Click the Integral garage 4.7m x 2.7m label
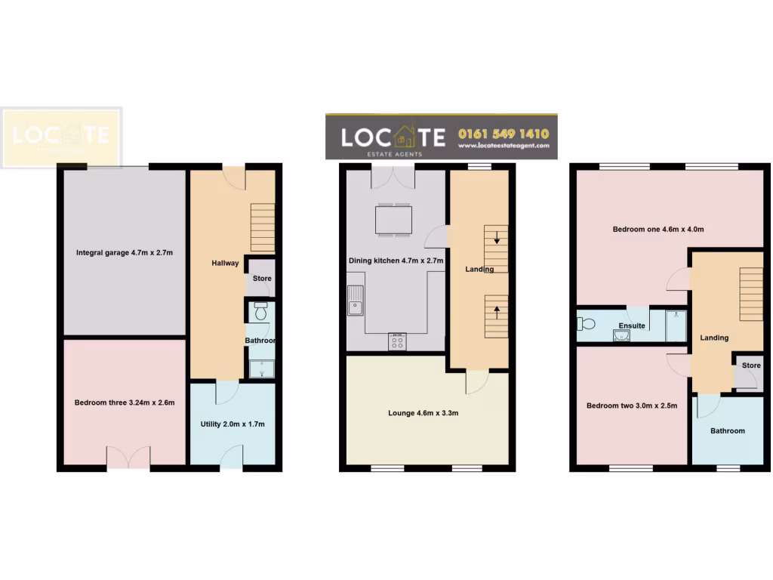(x=125, y=252)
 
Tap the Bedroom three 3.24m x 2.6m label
(x=125, y=403)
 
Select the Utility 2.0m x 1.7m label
(x=233, y=424)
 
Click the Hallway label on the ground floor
(x=225, y=264)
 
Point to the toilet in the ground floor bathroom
(x=260, y=311)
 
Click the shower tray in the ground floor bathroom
(x=261, y=369)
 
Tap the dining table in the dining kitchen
(x=393, y=220)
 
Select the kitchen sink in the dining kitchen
(x=355, y=301)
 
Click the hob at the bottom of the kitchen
(x=396, y=342)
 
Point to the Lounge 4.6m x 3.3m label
(x=423, y=413)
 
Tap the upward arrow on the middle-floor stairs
(x=496, y=308)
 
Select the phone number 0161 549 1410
(x=503, y=134)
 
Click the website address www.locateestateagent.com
(x=503, y=147)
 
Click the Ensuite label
(x=632, y=326)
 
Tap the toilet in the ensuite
(x=586, y=324)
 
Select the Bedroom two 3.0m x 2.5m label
(x=632, y=406)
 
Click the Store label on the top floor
(x=750, y=366)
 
